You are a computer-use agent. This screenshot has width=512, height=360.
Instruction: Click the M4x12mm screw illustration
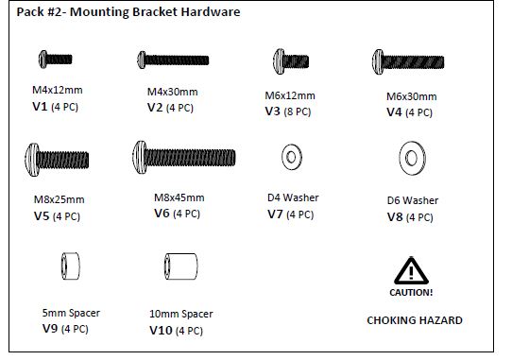(x=55, y=60)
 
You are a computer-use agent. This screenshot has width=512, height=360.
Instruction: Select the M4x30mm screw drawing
(x=173, y=60)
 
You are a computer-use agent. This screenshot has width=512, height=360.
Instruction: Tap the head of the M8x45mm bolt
(x=140, y=157)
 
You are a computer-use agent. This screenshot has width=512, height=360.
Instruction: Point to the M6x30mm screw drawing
(x=408, y=61)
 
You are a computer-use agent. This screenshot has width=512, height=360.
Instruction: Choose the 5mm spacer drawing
(x=71, y=266)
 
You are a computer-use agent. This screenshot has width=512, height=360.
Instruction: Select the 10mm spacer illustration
(x=180, y=266)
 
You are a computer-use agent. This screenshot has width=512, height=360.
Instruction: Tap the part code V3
(x=273, y=111)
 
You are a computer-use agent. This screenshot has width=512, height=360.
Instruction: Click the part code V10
(x=161, y=331)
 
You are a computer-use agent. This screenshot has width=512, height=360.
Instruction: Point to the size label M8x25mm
(x=60, y=199)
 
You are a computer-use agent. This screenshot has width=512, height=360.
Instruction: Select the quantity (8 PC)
(x=298, y=111)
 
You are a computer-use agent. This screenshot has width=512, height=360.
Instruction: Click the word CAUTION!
(x=411, y=292)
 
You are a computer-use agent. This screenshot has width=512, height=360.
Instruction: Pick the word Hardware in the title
(x=211, y=11)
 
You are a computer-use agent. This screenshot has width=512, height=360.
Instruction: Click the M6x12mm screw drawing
(x=291, y=61)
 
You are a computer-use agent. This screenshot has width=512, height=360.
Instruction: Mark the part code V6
(x=162, y=214)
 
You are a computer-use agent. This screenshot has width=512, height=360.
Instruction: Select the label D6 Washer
(x=413, y=200)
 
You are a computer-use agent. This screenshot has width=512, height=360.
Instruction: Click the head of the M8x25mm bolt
(x=32, y=160)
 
